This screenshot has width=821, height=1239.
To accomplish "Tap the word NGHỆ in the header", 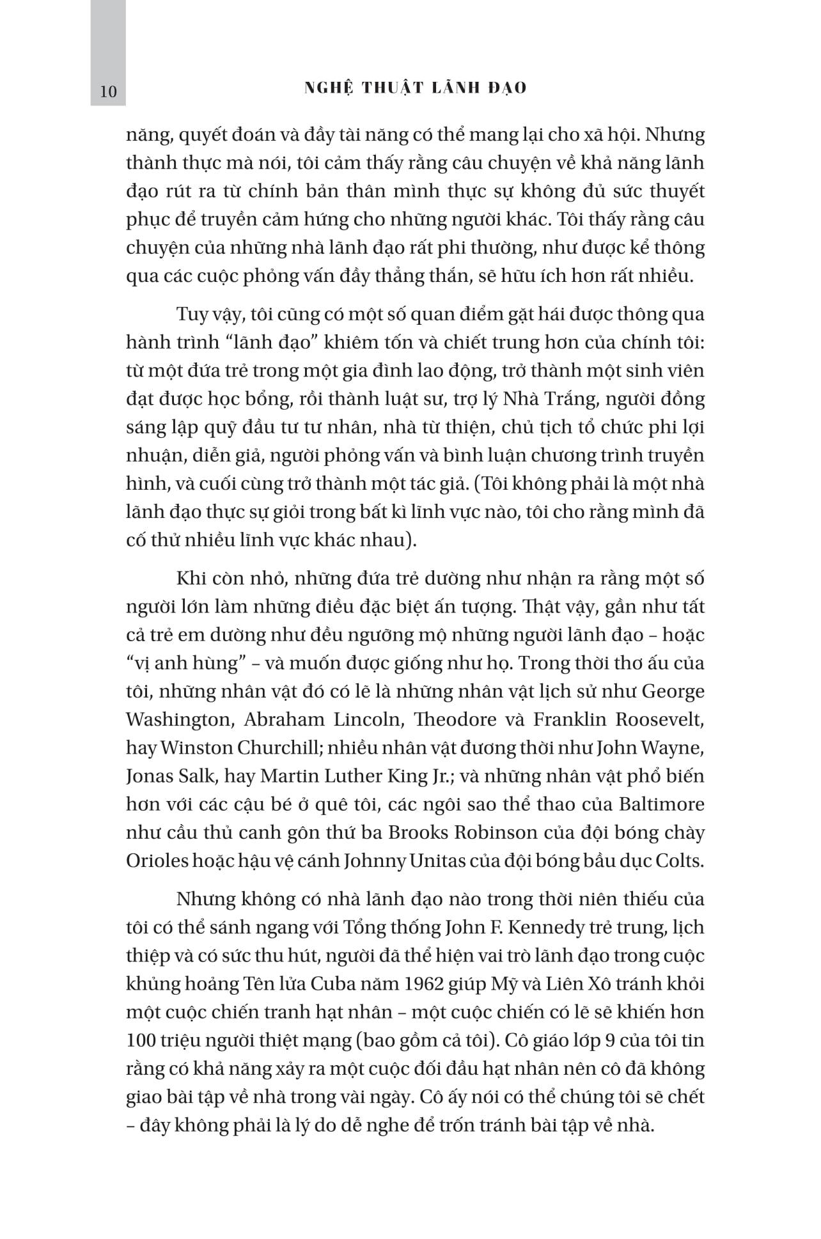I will [x=327, y=88].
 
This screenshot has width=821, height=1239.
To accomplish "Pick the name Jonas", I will [x=151, y=776].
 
